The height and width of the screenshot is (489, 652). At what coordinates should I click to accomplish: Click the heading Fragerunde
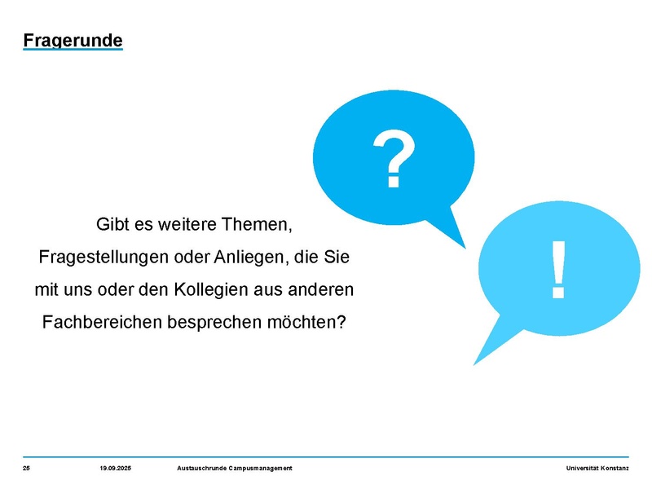tap(73, 41)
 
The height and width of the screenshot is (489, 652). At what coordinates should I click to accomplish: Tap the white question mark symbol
tap(394, 158)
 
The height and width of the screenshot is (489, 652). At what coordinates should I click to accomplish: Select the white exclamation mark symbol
tap(558, 270)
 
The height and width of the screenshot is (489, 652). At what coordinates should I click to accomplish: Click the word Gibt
tap(110, 225)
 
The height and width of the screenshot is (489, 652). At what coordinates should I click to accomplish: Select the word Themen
tap(257, 225)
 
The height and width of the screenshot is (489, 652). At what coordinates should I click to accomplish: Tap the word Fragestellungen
tap(104, 258)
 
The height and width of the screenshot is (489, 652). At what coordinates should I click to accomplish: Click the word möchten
tap(306, 322)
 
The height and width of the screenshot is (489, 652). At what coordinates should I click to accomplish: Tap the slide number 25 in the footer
tap(26, 468)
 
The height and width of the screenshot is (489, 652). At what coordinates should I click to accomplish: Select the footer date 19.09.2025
tap(115, 468)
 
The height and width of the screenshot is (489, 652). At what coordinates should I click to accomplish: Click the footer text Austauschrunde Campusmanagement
tap(235, 468)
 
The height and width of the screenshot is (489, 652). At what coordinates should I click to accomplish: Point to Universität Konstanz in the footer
tap(597, 468)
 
